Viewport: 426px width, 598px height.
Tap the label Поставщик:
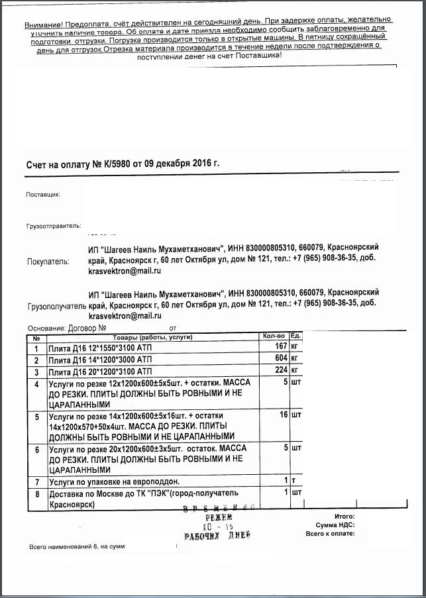point(43,195)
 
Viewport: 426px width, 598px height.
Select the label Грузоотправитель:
point(53,225)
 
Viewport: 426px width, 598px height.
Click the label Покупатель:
point(48,262)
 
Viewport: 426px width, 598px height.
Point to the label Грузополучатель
point(57,307)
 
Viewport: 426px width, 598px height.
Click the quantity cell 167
point(280,346)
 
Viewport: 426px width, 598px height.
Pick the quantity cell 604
point(280,358)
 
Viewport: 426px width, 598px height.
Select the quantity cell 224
point(280,370)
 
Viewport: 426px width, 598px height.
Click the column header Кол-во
point(274,336)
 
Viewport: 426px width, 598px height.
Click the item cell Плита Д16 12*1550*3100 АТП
point(101,347)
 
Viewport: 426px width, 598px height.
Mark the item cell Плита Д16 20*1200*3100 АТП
point(101,371)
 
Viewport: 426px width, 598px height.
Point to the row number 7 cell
point(36,481)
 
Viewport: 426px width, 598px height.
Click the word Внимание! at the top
point(43,25)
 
